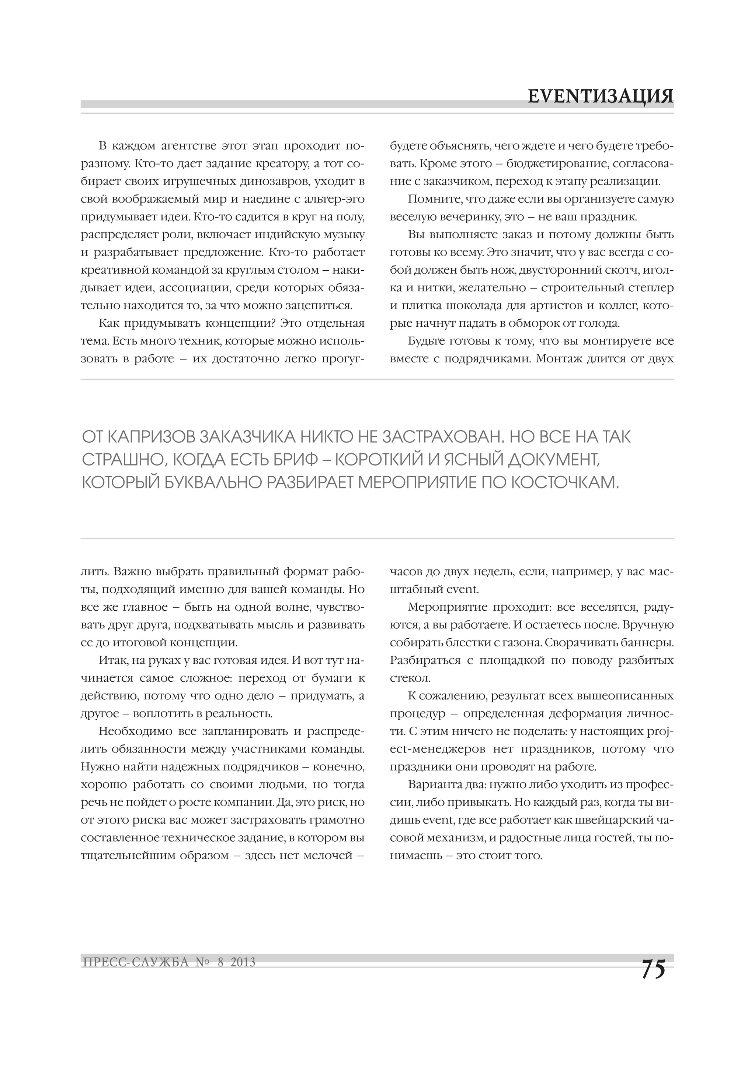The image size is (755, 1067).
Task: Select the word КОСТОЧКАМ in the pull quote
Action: (565, 483)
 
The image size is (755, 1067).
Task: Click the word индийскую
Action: (284, 235)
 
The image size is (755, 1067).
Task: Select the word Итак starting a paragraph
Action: (112, 660)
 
